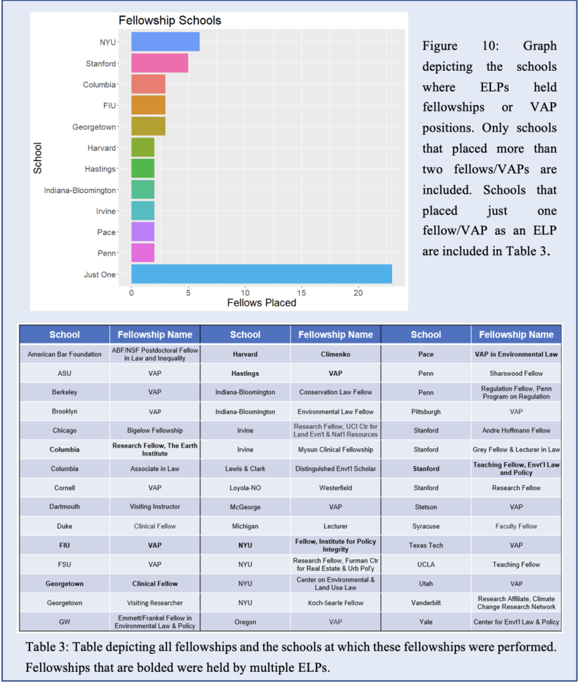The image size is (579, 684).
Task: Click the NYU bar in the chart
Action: coord(166,42)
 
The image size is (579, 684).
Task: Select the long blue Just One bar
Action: coord(262,274)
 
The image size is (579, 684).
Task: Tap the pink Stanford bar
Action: coord(160,63)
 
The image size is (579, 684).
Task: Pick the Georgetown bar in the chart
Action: coord(149,126)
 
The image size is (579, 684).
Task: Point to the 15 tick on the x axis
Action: coord(302,293)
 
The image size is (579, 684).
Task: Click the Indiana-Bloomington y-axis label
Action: coord(79,190)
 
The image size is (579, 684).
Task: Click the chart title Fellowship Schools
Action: coord(170,21)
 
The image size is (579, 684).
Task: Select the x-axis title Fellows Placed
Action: coord(262,303)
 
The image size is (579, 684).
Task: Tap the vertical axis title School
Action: coord(37,158)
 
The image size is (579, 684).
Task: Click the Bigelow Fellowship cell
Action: coord(155,431)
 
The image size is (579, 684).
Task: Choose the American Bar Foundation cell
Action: coord(65,354)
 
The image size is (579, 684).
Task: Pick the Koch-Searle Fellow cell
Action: coord(336,603)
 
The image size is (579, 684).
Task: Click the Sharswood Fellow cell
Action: coord(516,373)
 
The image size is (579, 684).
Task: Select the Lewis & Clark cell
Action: coord(245,468)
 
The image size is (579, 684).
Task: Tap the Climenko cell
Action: coord(336,354)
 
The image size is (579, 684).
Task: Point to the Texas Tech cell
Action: coord(426,545)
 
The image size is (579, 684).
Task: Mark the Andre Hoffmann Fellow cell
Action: coord(516,431)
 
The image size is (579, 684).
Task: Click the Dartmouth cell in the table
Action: coord(65,507)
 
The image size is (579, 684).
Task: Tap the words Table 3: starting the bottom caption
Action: coord(47,647)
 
